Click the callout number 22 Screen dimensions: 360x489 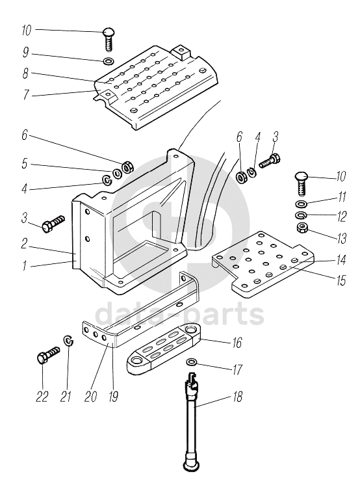click(42, 397)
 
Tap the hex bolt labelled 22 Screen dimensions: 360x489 click(47, 354)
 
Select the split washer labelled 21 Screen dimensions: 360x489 click(68, 341)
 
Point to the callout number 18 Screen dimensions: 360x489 click(237, 397)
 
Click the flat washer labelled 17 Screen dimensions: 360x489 click(192, 362)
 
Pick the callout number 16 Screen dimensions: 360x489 click(237, 343)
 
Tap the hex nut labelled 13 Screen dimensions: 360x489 click(302, 228)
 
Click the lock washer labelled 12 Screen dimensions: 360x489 click(301, 215)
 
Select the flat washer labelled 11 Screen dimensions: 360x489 click(301, 204)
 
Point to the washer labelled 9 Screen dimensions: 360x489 click(108, 60)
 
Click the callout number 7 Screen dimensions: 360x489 click(26, 94)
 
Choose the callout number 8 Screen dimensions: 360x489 click(25, 73)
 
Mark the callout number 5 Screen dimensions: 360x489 click(25, 163)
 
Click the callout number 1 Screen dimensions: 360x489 click(24, 266)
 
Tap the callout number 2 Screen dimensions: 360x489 click(25, 244)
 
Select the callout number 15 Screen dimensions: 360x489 click(341, 280)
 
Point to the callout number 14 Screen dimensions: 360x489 click(341, 260)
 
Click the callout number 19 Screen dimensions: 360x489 click(113, 397)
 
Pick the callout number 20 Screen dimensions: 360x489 click(90, 397)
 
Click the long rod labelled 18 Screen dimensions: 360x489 click(190, 421)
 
